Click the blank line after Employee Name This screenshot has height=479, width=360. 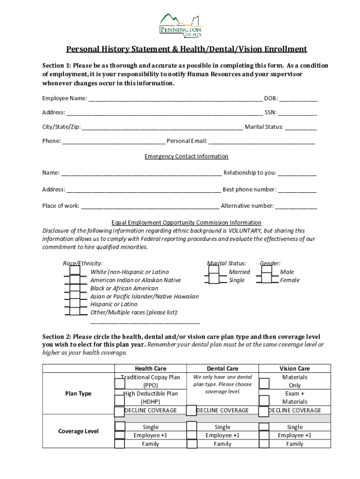[175, 99]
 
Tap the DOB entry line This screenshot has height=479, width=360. [299, 99]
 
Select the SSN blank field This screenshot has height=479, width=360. [298, 113]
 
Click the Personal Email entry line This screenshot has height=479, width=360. [262, 141]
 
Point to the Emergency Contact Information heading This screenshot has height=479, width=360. [186, 156]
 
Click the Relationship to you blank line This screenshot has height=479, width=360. [297, 173]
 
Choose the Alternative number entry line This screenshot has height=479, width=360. [296, 206]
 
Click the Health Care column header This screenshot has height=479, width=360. [151, 369]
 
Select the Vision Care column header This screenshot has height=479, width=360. [295, 369]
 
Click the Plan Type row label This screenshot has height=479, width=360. [79, 393]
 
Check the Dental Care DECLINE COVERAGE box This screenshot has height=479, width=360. [191, 410]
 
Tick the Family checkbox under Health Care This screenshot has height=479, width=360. [120, 443]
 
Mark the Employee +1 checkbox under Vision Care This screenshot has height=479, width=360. [264, 435]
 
